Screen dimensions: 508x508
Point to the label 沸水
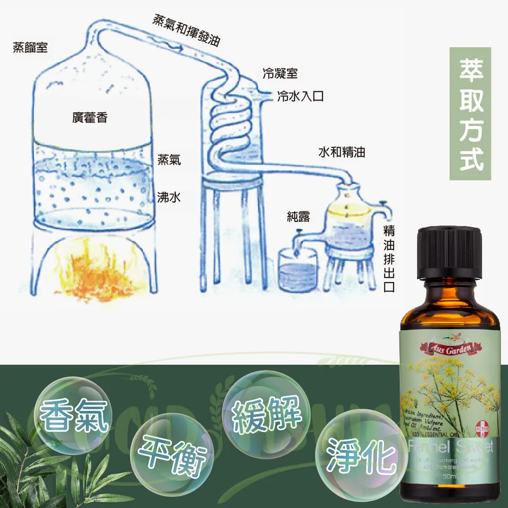pyautogui.click(x=169, y=197)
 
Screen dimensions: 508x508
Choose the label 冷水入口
pyautogui.click(x=300, y=96)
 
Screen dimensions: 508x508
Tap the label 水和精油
pyautogui.click(x=341, y=153)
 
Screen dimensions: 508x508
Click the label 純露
pyautogui.click(x=298, y=216)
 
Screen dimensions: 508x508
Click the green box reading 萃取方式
pyautogui.click(x=470, y=114)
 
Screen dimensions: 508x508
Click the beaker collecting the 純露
pyautogui.click(x=298, y=270)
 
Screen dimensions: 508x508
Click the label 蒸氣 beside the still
pyautogui.click(x=169, y=159)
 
